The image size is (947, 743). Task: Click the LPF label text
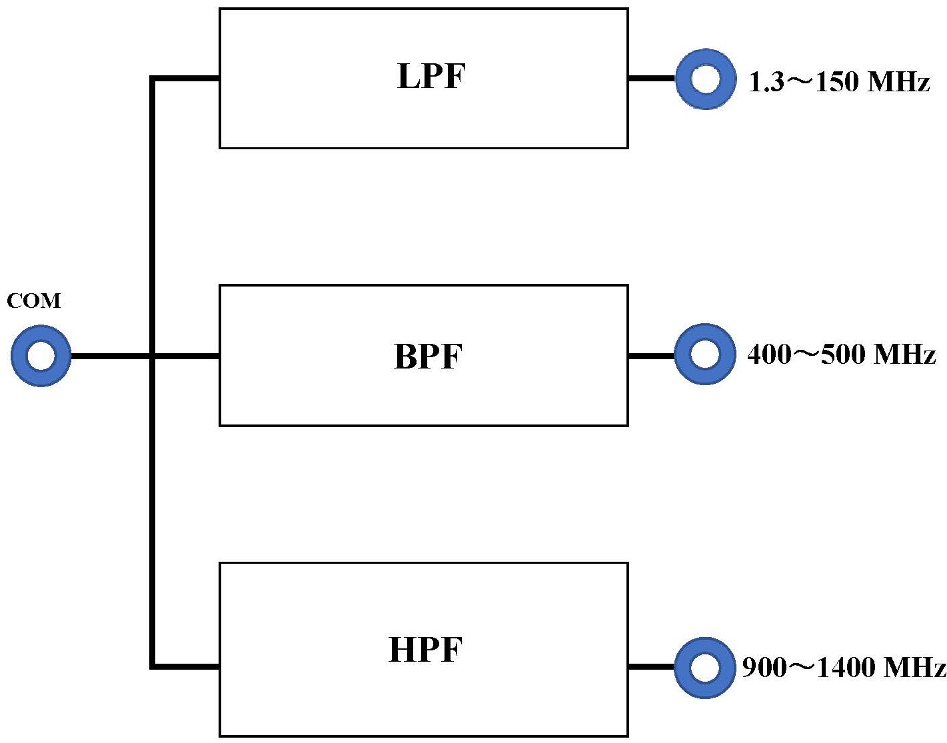[x=431, y=77]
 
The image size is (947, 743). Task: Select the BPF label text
[x=428, y=356]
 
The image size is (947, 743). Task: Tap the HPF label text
[x=425, y=649]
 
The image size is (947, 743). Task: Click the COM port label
[x=33, y=301]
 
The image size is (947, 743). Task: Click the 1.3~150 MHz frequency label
[x=839, y=81]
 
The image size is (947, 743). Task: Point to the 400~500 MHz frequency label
[x=842, y=355]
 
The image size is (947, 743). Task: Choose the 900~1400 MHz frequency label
[x=844, y=668]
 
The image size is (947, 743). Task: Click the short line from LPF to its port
[x=652, y=79]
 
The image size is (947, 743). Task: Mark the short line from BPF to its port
[x=652, y=357]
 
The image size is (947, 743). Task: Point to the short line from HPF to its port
[x=652, y=667]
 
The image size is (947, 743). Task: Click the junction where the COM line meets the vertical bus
[x=153, y=357]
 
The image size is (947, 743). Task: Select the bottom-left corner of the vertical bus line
[x=151, y=667]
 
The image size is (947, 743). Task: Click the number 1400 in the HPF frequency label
[x=846, y=668]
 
